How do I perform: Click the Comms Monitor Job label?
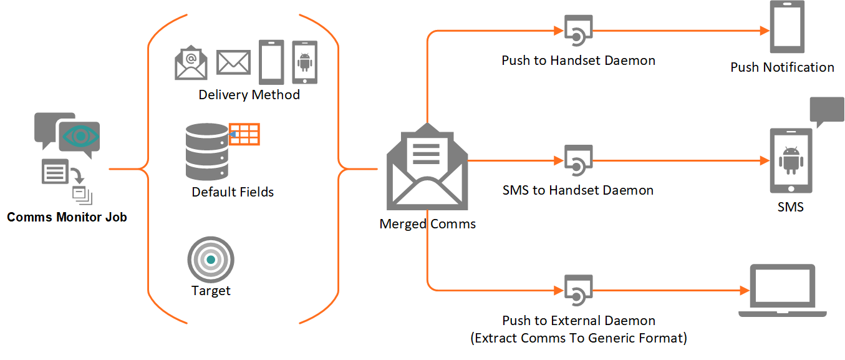[67, 217]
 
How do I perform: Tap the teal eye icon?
[80, 136]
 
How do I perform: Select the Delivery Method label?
[249, 94]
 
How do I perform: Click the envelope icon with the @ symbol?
[191, 62]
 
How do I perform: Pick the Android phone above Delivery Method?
[305, 62]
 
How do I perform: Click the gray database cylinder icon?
[207, 152]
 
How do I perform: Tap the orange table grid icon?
[244, 134]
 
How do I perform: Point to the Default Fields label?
[233, 192]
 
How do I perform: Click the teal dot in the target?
[211, 260]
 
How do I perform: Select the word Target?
[211, 291]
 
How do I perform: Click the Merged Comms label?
[427, 224]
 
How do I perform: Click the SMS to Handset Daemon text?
[578, 190]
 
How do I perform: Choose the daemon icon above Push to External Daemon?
[578, 290]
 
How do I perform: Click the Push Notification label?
[782, 67]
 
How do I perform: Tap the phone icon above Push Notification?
[787, 27]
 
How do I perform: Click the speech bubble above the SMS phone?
[827, 111]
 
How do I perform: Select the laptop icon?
[783, 290]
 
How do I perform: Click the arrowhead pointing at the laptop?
[745, 290]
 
